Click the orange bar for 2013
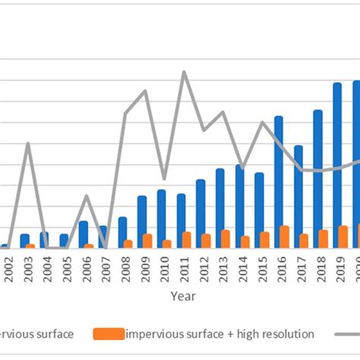click(x=226, y=238)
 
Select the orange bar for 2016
click(x=284, y=236)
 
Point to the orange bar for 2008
click(x=128, y=244)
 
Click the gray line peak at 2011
click(x=184, y=72)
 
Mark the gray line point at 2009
click(x=145, y=90)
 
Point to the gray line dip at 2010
click(x=164, y=178)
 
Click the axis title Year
click(x=182, y=295)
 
